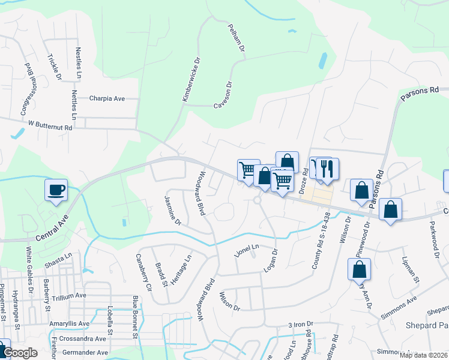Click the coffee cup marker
tap(56, 190)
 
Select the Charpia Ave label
tap(107, 98)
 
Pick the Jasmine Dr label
tap(172, 209)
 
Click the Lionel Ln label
tap(246, 248)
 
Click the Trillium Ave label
tap(69, 296)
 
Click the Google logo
tap(20, 353)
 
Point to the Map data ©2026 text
tap(423, 355)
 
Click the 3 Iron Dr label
tap(301, 325)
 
